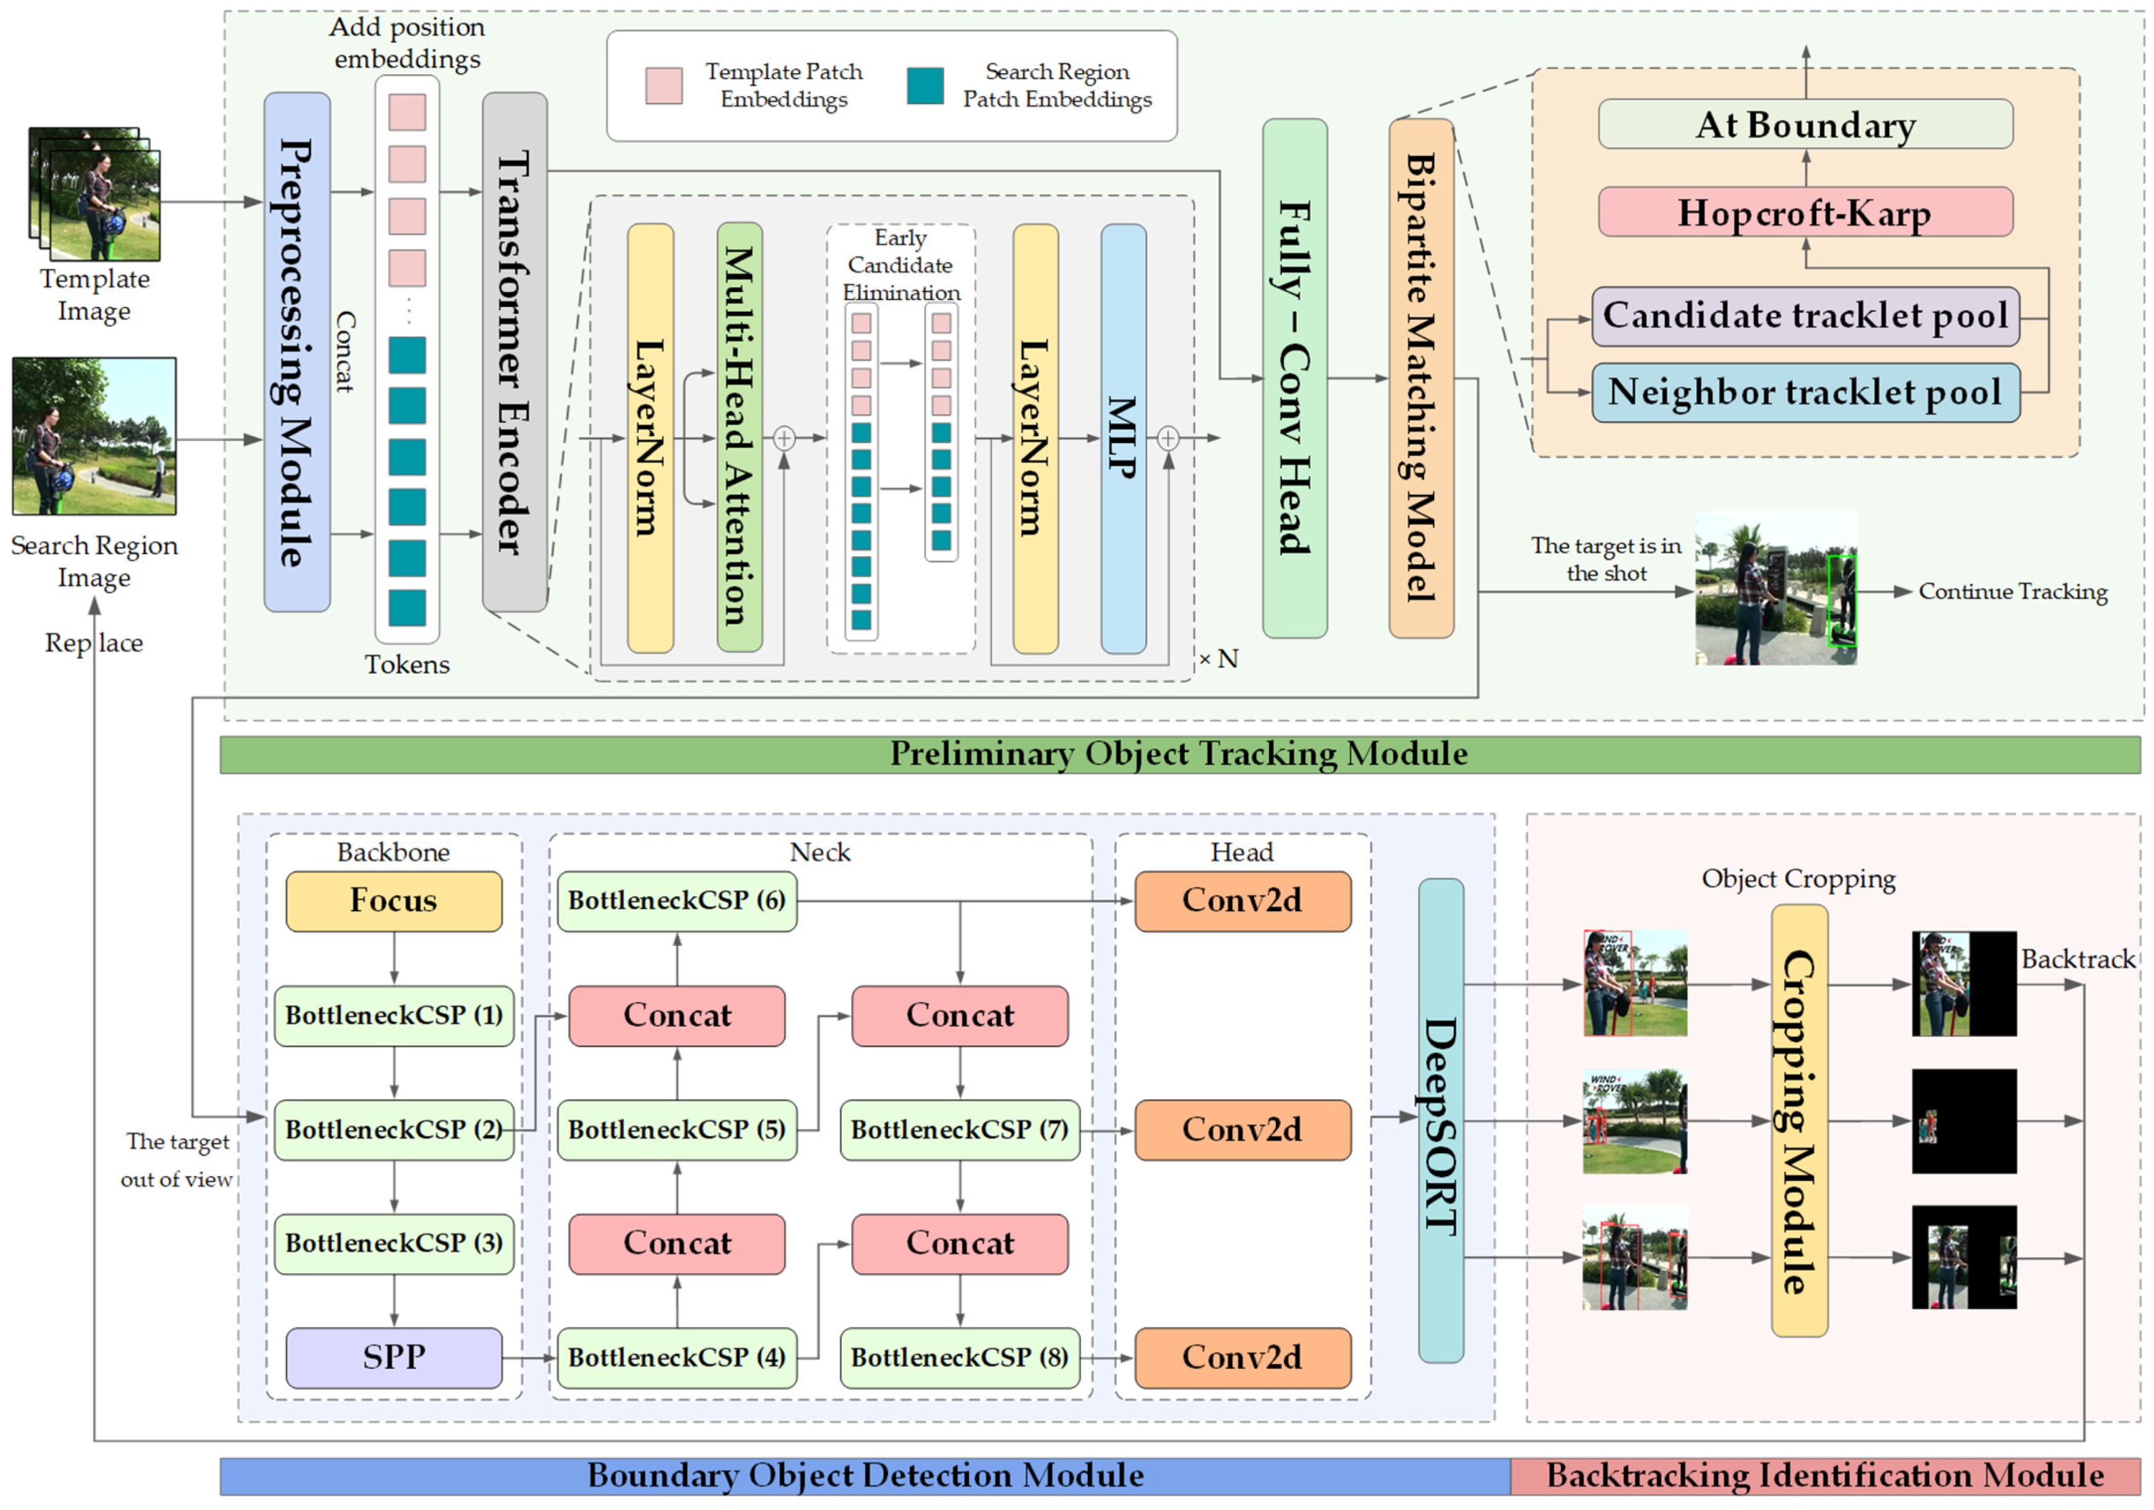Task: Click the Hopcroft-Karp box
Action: coord(1805,212)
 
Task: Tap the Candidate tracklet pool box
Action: coord(1805,316)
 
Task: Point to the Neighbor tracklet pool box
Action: coord(1805,392)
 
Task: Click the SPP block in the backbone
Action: coord(394,1357)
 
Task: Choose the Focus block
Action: coord(394,901)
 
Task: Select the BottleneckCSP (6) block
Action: coord(677,901)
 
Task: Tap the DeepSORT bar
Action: coord(1441,1120)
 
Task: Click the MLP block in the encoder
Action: coord(1123,438)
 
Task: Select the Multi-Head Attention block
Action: coord(739,437)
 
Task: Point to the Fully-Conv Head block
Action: coord(1294,378)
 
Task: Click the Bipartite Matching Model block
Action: coord(1421,378)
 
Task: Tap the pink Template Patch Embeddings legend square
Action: coord(664,85)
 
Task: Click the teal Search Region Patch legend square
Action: coord(925,85)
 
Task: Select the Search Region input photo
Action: coord(94,435)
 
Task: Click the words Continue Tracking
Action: coord(2013,591)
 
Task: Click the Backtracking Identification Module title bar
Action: coord(1826,1476)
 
